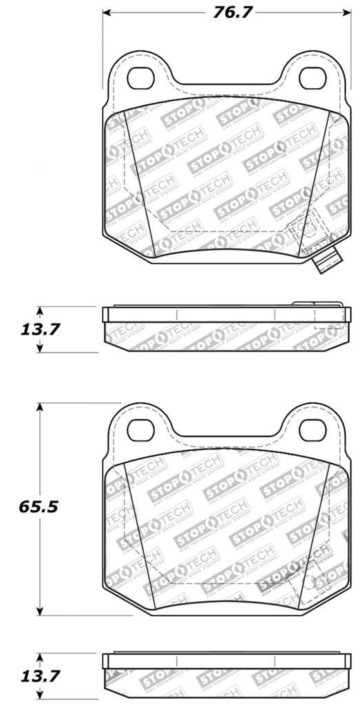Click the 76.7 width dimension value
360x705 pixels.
231,12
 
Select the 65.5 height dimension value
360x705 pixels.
40,507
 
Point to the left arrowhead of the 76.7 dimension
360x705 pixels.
108,12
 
